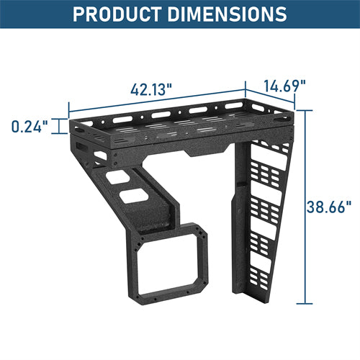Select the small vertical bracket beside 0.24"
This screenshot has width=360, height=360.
click(x=58, y=127)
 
